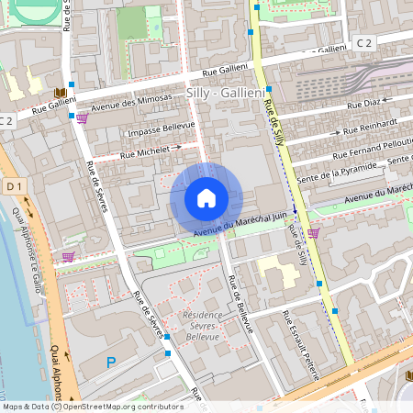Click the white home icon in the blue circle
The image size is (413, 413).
point(206,198)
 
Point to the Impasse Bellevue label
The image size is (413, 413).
point(160,128)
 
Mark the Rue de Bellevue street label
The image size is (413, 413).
point(240,304)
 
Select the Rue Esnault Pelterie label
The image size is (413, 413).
point(300,344)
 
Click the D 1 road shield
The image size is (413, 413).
point(13,187)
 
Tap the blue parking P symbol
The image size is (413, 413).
point(111,363)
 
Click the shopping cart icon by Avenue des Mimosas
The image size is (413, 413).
point(83,117)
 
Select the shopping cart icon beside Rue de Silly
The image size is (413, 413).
point(314,233)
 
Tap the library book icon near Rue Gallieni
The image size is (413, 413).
point(60,93)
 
